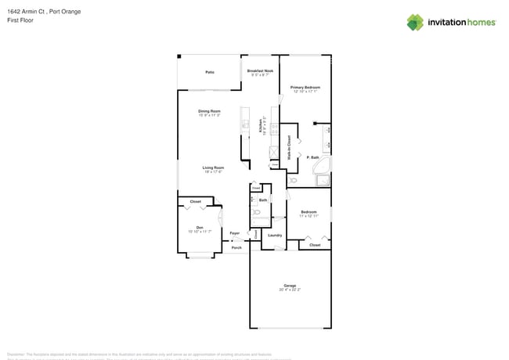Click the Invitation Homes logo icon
(x=415, y=22)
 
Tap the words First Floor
(x=17, y=20)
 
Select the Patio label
(x=210, y=72)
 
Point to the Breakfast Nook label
(x=260, y=71)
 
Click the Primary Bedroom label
(x=305, y=88)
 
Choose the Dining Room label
(x=209, y=111)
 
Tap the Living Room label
(x=214, y=167)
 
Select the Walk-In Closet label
(x=289, y=148)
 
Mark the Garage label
(x=290, y=286)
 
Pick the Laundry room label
(x=275, y=235)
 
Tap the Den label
(x=200, y=228)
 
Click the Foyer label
(x=235, y=233)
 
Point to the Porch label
(x=236, y=247)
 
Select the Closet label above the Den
(x=195, y=202)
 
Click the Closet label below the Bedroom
(x=315, y=245)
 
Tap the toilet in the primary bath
(x=294, y=180)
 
